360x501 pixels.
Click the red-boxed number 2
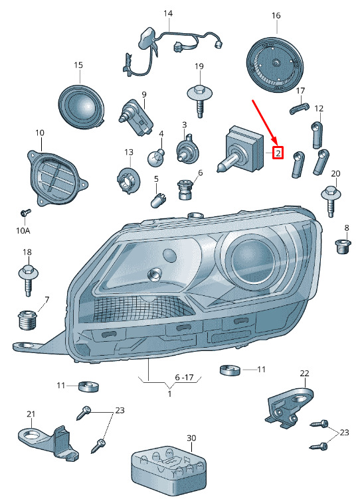pos(278,153)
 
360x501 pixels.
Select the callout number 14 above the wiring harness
pos(168,13)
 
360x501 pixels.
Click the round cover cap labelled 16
pos(275,65)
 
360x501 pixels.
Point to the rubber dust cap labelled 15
pos(82,107)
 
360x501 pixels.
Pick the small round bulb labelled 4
pos(156,157)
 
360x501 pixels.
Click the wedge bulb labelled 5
pos(157,199)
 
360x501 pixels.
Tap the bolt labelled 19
pos(199,100)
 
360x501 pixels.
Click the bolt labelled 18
pos(29,279)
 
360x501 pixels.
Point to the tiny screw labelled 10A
pos(26,212)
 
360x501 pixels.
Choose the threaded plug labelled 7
pos(27,320)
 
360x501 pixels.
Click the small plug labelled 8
pos(343,246)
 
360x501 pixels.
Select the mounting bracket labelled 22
pos(289,406)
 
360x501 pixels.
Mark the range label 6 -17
pos(185,378)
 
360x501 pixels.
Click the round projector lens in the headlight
pos(252,259)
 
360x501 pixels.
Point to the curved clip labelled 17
pos(300,107)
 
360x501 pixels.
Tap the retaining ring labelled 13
pos(129,180)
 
